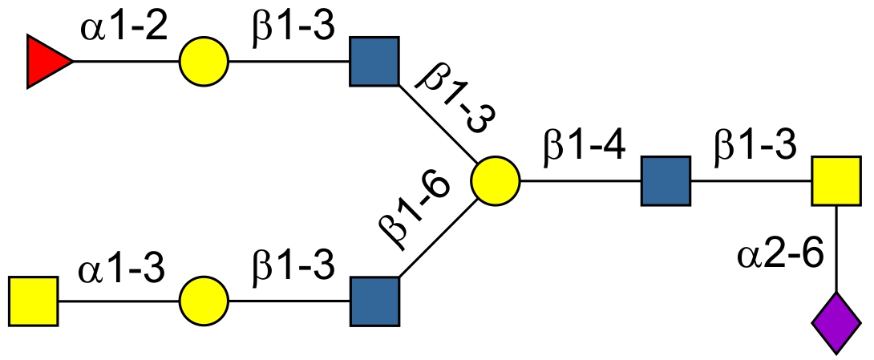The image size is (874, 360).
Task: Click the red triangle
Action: tap(47, 61)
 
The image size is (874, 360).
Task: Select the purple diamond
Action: tap(836, 322)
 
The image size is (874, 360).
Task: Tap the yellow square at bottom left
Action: tap(34, 301)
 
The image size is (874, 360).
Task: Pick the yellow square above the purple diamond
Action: tap(836, 181)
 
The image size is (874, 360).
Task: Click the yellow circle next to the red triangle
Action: tap(204, 61)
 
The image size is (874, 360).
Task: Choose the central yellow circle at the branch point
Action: tap(496, 181)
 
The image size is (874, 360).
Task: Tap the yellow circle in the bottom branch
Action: tap(204, 301)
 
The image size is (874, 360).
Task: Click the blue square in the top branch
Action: tap(374, 61)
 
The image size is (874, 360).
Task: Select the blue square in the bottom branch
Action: tap(374, 301)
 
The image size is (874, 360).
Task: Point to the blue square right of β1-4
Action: tap(666, 181)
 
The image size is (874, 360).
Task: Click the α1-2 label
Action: tap(123, 30)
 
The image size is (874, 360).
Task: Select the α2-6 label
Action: tap(781, 257)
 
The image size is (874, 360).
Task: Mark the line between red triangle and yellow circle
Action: tap(127, 61)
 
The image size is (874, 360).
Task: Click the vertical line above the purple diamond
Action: tap(836, 249)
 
